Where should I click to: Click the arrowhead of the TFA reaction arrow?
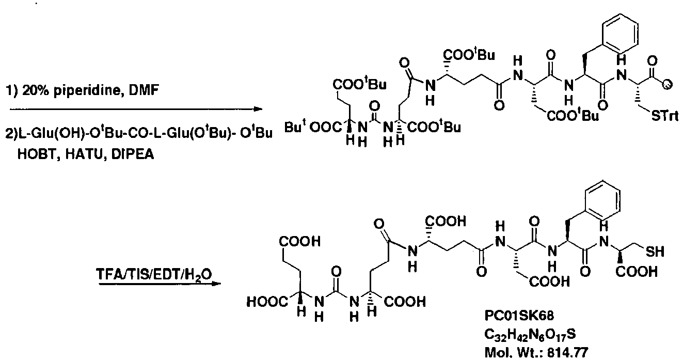tap(219, 283)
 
